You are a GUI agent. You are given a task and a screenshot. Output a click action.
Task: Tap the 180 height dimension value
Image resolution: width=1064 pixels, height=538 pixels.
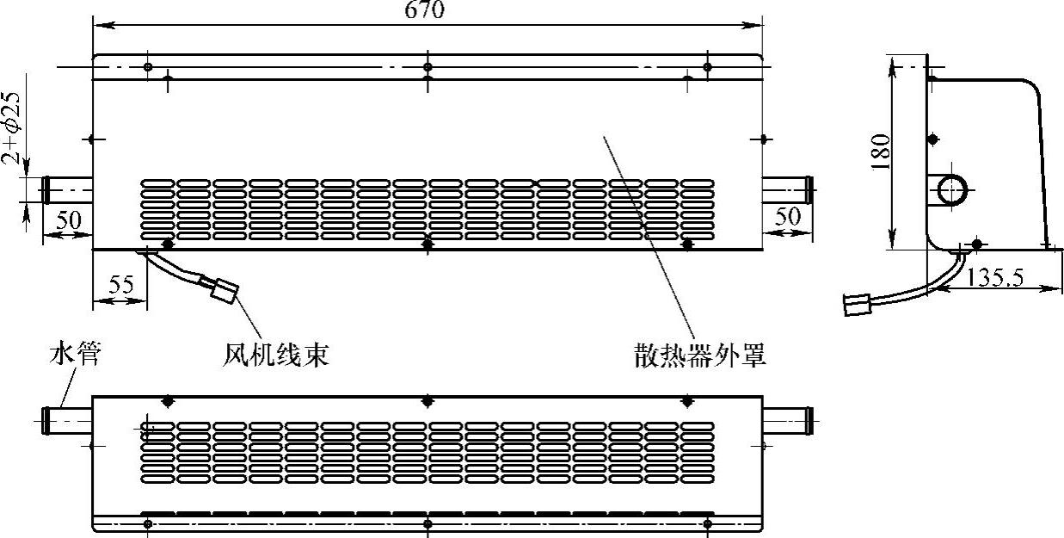click(x=880, y=152)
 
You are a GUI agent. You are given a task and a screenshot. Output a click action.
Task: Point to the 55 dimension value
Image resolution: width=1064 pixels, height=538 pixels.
click(x=120, y=284)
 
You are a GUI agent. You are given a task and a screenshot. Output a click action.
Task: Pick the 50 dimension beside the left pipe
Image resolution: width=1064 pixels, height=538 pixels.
click(x=68, y=220)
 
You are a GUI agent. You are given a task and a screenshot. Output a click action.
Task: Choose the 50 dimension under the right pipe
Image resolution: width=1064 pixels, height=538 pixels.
click(x=787, y=216)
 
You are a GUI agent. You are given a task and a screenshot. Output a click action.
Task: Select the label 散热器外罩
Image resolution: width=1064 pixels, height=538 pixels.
click(x=699, y=356)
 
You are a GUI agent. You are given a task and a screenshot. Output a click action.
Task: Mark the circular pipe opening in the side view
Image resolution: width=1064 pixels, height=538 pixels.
click(x=951, y=189)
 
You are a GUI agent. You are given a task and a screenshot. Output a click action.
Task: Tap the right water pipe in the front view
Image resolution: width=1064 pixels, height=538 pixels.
click(x=788, y=187)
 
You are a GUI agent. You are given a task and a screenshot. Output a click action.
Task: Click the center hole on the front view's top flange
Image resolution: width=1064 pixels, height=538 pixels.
click(x=427, y=66)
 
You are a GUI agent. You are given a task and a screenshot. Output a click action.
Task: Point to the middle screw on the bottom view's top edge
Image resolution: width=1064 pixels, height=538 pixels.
click(x=427, y=401)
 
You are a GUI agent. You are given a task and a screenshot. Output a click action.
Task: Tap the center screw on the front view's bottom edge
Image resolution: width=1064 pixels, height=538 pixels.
click(x=427, y=245)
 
